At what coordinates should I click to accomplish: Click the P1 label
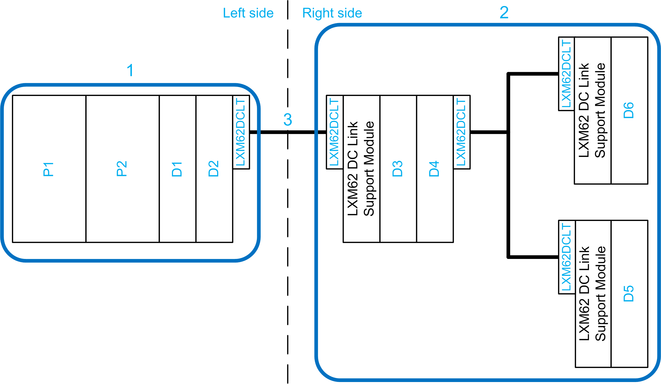coord(48,169)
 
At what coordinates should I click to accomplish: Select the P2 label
coord(122,169)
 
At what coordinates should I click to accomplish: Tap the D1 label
coord(177,169)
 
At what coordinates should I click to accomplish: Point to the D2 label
coord(214,169)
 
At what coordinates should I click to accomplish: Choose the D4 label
coord(434,169)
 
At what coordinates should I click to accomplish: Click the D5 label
coord(629,294)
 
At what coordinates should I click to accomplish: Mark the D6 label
coord(629,110)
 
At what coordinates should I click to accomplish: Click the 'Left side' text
coord(248,13)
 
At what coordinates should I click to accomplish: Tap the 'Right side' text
coord(332,13)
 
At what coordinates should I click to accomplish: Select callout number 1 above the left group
coord(130,70)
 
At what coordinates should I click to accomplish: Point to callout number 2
coord(504,12)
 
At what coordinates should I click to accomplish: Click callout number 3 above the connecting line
coord(288,120)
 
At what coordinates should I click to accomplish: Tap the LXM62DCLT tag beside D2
coord(241,132)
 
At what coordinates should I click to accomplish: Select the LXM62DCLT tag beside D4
coord(461,132)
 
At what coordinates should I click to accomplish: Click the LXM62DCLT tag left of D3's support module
coord(334,132)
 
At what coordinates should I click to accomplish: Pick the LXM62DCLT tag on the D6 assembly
coord(566,74)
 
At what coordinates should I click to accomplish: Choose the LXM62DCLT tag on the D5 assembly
coord(566,257)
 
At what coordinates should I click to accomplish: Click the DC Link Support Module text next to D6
coord(592,110)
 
